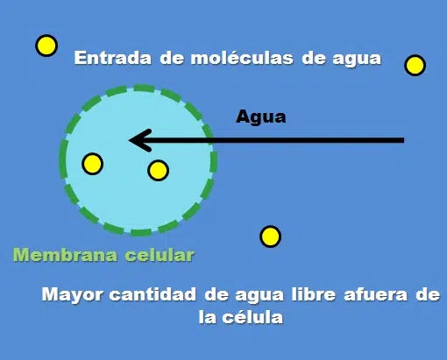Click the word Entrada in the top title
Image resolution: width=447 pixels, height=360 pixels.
pos(113,58)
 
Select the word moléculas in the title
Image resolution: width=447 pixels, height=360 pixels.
pos(242,58)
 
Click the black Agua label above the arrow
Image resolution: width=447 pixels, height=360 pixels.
pos(261,117)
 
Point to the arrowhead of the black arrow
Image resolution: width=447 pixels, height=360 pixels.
pos(130,140)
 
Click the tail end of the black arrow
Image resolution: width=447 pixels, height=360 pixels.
pos(404,140)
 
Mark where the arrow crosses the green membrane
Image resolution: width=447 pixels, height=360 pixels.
pos(212,140)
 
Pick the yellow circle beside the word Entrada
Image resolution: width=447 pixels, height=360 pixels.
pos(46,46)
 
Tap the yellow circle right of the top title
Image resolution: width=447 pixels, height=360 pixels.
pos(415,65)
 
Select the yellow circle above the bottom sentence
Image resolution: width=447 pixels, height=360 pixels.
pos(270,236)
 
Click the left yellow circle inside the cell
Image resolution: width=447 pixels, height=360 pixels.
pos(92,164)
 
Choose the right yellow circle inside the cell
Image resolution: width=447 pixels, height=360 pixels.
pos(158,170)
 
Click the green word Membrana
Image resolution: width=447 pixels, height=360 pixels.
pos(65,255)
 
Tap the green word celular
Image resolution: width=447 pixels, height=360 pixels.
pos(160,255)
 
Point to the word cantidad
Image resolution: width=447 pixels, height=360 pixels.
pos(153,293)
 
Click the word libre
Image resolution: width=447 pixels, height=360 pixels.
pos(313,293)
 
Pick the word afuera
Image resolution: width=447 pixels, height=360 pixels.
pos(376,294)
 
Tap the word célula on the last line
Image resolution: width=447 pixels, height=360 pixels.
pos(252,316)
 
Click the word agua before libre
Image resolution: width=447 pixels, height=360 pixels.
pos(259,296)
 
